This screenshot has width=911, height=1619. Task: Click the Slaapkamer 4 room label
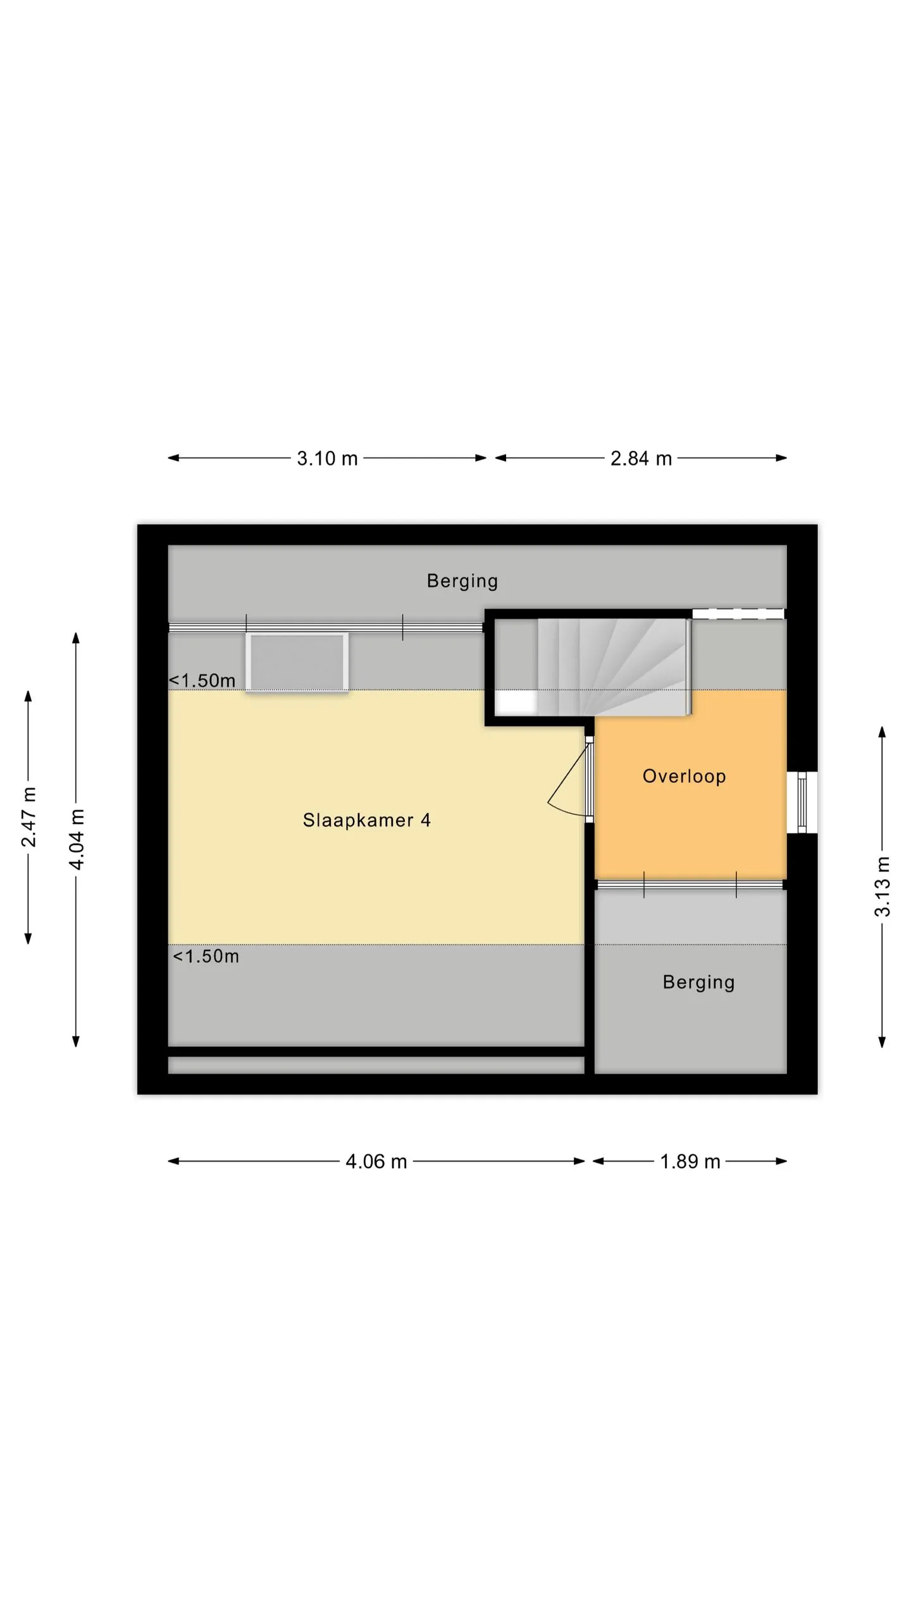pyautogui.click(x=366, y=820)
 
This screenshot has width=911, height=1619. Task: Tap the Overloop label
pyautogui.click(x=684, y=776)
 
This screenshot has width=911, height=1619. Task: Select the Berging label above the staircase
pyautogui.click(x=462, y=581)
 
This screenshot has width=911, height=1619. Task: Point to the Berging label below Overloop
pyautogui.click(x=698, y=982)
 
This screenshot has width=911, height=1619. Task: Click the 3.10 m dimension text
pyautogui.click(x=327, y=459)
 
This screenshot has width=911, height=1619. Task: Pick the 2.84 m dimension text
pyautogui.click(x=641, y=459)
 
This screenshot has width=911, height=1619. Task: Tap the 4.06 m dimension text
pyautogui.click(x=376, y=1162)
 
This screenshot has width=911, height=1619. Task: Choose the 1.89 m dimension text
pyautogui.click(x=690, y=1162)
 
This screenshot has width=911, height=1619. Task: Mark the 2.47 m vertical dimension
pyautogui.click(x=28, y=817)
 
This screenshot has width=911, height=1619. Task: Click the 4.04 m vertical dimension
pyautogui.click(x=76, y=839)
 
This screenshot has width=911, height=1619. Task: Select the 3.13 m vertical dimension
pyautogui.click(x=882, y=887)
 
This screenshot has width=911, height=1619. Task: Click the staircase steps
pyautogui.click(x=612, y=667)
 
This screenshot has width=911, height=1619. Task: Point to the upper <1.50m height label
pyautogui.click(x=202, y=680)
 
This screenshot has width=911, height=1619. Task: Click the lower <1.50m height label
pyautogui.click(x=206, y=956)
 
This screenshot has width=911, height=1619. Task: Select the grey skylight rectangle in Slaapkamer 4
pyautogui.click(x=297, y=662)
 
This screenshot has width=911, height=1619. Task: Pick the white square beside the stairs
pyautogui.click(x=516, y=703)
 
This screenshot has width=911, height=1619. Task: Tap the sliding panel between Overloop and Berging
pyautogui.click(x=690, y=884)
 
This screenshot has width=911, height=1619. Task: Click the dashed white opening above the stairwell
pyautogui.click(x=738, y=613)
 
